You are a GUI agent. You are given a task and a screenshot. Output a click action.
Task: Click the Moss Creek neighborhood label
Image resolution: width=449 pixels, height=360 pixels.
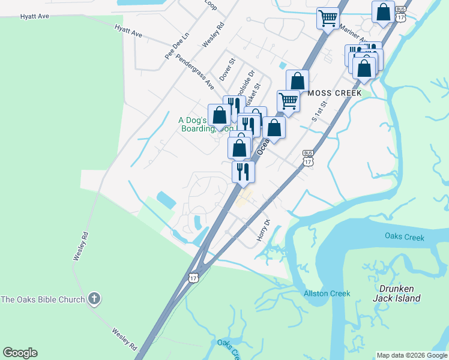pos(335,93)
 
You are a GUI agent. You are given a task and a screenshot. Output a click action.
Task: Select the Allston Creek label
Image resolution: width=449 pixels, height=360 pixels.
pos(327,293)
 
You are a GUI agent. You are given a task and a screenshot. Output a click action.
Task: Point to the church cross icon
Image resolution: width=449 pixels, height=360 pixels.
pos(93,298)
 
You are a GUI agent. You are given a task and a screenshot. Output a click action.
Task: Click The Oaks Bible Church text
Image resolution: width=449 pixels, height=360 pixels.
pos(43,299)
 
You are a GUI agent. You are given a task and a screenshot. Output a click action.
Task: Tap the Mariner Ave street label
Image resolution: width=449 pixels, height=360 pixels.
pos(352,34)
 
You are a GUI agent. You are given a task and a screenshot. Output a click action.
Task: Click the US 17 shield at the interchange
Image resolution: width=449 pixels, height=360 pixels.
pos(193,277)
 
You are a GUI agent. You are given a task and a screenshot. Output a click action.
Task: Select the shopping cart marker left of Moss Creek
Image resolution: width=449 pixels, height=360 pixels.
pos(288,100)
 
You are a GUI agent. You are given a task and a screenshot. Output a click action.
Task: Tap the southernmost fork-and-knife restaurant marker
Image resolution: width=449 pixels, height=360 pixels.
pos(243,172)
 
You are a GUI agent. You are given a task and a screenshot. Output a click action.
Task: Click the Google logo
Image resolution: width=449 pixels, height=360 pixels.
pos(20,353)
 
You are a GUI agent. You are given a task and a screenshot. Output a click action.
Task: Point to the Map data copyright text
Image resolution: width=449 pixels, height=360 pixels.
pos(411,355)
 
